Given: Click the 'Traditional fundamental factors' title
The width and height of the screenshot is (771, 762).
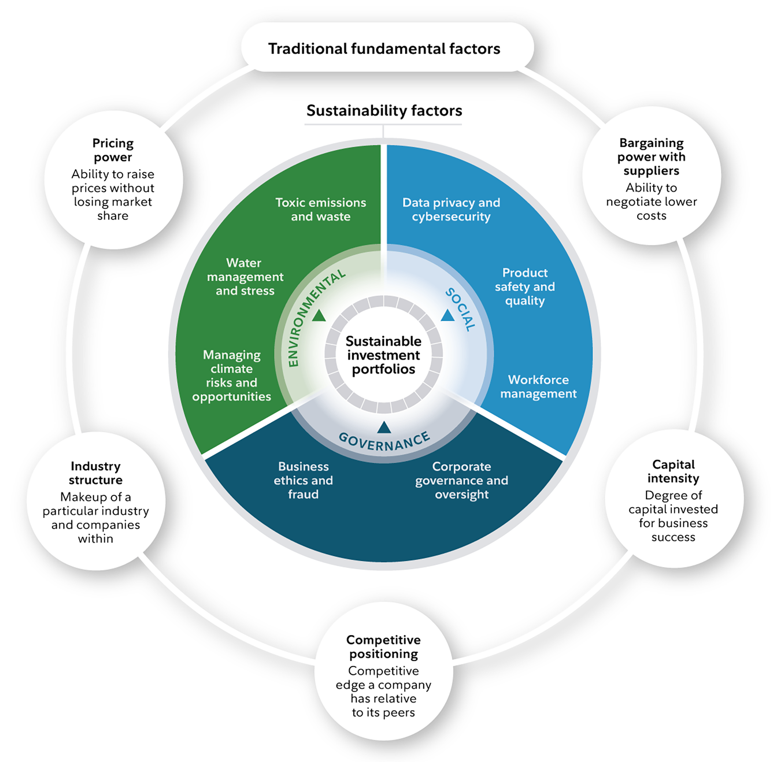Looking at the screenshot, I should click(384, 49).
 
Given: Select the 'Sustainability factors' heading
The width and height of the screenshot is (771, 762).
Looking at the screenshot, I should click(384, 110).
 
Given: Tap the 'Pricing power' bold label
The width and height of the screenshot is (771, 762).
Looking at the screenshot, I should click(113, 150).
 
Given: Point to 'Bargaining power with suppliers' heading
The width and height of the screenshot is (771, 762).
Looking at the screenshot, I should click(651, 156).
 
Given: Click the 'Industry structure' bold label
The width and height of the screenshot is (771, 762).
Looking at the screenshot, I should click(96, 473).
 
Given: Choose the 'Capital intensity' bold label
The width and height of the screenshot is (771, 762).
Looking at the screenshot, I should click(673, 471).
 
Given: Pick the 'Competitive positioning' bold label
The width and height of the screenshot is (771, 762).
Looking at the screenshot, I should click(384, 647).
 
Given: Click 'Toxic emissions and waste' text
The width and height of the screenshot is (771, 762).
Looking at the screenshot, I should click(320, 210).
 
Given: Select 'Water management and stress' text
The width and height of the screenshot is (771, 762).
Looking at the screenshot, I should click(245, 277).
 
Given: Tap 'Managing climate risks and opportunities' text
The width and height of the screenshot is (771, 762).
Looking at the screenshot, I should click(231, 375).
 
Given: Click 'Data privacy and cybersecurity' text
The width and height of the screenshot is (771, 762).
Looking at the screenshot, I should click(451, 210).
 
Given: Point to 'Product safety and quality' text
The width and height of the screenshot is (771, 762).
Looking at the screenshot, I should click(525, 287).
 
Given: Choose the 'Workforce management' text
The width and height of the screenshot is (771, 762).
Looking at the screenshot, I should click(538, 387).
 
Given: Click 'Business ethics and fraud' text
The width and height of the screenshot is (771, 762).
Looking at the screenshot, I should click(303, 480).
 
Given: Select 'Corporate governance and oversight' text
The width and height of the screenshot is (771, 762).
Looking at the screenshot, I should click(462, 480).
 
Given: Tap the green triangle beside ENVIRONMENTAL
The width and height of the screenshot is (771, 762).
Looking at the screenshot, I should click(319, 316).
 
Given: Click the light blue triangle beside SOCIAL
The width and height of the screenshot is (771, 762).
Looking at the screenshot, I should click(448, 315).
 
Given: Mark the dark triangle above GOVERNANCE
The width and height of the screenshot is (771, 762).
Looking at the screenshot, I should click(384, 428).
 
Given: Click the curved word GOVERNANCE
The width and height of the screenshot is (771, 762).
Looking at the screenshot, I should click(384, 442).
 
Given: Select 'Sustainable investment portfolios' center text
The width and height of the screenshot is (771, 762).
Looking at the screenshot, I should click(384, 355).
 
